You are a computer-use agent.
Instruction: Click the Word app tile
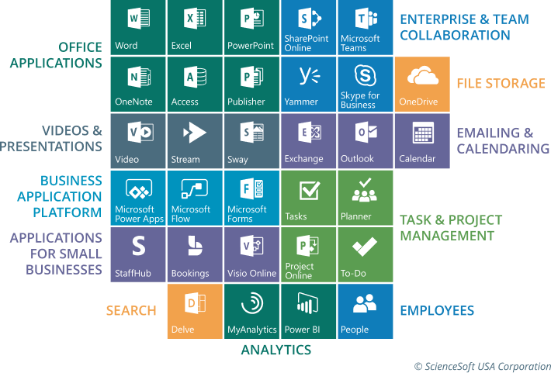[137, 27]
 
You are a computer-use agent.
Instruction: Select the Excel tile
[194, 27]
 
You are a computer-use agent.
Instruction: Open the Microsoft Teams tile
[365, 27]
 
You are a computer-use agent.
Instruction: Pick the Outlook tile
[365, 141]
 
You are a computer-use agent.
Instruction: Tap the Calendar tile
[422, 141]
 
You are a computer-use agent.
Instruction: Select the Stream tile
[194, 141]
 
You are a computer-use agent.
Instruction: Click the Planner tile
[365, 198]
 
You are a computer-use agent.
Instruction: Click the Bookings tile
[194, 255]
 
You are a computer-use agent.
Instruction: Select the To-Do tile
[365, 255]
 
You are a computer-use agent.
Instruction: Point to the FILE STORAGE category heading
[500, 84]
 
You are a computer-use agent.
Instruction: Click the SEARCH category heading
[131, 311]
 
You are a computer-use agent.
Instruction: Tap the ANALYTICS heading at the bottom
[275, 350]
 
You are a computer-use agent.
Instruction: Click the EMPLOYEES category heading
[436, 311]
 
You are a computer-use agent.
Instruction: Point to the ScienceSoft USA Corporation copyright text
[480, 364]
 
